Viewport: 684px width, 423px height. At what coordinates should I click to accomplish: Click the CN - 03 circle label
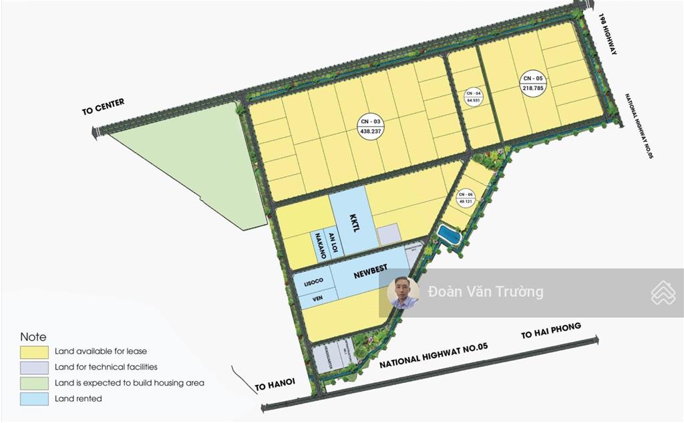[370, 126]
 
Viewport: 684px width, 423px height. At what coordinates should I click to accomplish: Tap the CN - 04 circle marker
[474, 96]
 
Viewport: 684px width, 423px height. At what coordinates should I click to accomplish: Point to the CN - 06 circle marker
[465, 198]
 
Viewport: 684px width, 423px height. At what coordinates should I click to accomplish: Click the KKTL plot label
[355, 223]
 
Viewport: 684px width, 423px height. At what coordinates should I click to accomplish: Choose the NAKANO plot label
[321, 245]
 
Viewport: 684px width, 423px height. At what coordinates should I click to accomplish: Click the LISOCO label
[314, 283]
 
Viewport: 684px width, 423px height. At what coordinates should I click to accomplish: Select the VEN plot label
[317, 299]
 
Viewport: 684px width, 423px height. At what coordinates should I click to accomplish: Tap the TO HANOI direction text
[275, 384]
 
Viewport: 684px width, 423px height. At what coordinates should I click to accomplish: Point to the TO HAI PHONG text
[551, 331]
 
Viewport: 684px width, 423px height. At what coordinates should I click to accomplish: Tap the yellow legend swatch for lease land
[35, 351]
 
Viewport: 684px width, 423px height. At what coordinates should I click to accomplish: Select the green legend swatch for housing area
[35, 383]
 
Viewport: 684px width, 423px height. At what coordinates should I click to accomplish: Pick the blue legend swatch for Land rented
[35, 399]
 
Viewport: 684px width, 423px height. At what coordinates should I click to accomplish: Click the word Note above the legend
[33, 337]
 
